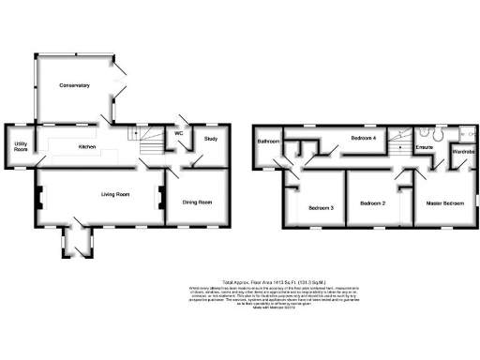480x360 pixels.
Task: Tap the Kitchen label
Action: pyautogui.click(x=87, y=147)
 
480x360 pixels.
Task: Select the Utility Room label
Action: pyautogui.click(x=20, y=146)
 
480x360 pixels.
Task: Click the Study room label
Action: pyautogui.click(x=211, y=140)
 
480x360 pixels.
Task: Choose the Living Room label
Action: pyautogui.click(x=114, y=194)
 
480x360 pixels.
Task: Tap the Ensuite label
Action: pyautogui.click(x=423, y=147)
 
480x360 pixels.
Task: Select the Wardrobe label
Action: pyautogui.click(x=465, y=151)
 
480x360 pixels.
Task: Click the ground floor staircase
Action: pyautogui.click(x=150, y=142)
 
